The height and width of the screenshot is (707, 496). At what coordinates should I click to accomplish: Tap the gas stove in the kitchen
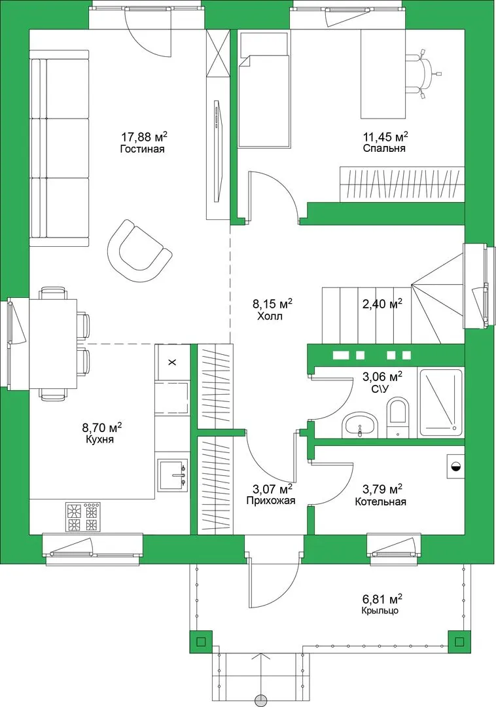[x=82, y=517]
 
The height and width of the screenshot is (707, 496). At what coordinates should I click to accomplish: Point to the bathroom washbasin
[x=359, y=426]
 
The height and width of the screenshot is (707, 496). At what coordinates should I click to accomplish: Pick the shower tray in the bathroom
[x=440, y=403]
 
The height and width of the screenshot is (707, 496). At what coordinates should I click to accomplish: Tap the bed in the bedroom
[x=264, y=89]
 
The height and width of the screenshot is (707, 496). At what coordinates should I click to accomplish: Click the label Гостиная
[x=142, y=149]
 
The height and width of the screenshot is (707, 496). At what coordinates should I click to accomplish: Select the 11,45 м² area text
[x=385, y=136]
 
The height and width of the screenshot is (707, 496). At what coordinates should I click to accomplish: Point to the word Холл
[x=270, y=316]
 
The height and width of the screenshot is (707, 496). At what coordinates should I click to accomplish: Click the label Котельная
[x=380, y=501]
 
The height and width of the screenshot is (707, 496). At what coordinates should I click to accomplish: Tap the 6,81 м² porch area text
[x=382, y=599]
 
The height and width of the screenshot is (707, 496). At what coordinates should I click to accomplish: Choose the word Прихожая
[x=271, y=501]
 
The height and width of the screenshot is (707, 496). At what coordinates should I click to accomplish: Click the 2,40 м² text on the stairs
[x=383, y=304]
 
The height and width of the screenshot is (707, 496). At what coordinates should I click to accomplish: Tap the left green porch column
[x=201, y=641]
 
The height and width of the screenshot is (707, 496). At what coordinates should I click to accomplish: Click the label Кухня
[x=99, y=439]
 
